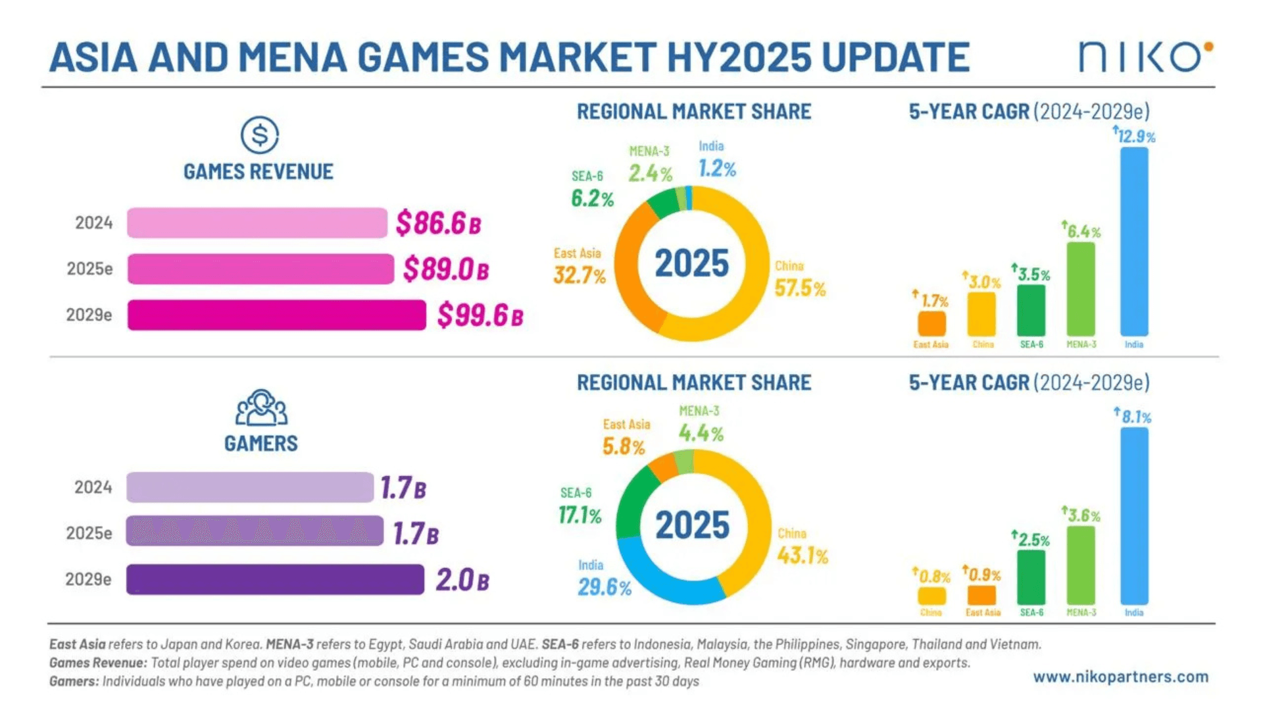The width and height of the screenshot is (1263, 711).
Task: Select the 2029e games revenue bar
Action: pos(276,315)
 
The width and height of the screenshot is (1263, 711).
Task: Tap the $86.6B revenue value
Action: pos(438,223)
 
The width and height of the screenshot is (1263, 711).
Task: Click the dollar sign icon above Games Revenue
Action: pos(259,135)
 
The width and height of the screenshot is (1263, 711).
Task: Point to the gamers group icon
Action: pos(261,408)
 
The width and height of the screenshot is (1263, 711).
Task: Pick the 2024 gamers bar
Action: pos(250,487)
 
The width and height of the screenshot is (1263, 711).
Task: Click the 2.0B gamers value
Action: pos(462,580)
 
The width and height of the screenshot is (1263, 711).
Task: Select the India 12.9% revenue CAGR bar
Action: pos(1134,241)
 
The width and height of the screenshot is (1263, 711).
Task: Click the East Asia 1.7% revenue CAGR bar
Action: pos(931,323)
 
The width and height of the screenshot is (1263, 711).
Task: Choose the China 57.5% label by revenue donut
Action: pos(799,288)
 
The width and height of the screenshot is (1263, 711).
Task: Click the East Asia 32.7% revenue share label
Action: pos(579,275)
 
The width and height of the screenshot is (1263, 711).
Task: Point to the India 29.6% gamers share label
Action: pos(604,587)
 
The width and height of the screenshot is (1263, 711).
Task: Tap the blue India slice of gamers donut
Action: pos(658,579)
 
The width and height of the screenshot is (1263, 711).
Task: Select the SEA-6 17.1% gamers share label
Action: pos(580,515)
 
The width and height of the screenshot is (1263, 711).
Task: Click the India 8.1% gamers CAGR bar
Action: pos(1134,515)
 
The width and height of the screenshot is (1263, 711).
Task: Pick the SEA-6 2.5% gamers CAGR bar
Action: pos(1031,577)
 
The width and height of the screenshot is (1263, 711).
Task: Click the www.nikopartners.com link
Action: pos(1120,677)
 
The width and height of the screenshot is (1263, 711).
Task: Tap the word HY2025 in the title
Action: pos(739,57)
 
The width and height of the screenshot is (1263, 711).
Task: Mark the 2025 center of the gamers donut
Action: pos(692,525)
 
